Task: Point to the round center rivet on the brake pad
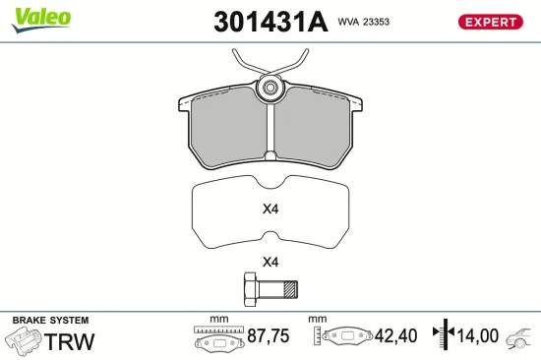269,90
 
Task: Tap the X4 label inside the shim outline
270,210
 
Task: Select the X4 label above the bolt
270,262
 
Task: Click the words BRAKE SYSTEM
49,321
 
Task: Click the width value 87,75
267,336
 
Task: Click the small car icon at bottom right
518,340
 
